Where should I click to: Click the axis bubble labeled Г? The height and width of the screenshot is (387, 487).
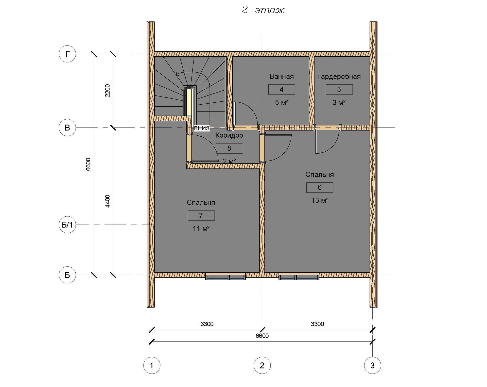(x=67, y=54)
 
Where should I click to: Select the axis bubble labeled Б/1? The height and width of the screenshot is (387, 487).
(x=67, y=225)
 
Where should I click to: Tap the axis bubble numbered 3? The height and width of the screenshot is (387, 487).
(x=372, y=365)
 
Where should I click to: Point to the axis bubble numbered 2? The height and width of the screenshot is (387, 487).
(x=262, y=365)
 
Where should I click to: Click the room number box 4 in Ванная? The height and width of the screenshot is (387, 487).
(x=282, y=89)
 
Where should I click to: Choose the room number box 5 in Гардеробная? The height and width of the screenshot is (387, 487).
(x=339, y=89)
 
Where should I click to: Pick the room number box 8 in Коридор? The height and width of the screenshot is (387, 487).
(x=229, y=148)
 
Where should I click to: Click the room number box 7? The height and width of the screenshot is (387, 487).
(x=201, y=216)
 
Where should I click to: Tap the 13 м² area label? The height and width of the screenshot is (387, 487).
(x=320, y=200)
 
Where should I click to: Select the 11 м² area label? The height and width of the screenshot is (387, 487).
(x=201, y=229)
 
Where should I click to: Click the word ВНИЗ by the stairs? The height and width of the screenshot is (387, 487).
(x=202, y=128)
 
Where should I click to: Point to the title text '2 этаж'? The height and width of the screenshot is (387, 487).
(x=263, y=10)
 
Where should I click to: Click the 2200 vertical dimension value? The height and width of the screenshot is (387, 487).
(x=108, y=90)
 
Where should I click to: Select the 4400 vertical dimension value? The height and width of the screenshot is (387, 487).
(x=108, y=201)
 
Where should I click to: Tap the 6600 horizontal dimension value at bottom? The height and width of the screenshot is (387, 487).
(x=262, y=336)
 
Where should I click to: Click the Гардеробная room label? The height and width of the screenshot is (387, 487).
(x=339, y=76)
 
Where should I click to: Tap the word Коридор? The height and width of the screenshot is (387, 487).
(x=229, y=135)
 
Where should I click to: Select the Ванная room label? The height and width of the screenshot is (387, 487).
(x=282, y=76)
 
